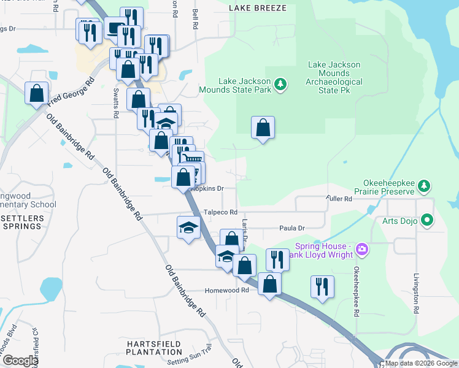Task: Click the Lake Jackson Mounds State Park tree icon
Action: click(x=280, y=83)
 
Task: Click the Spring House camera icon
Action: click(x=361, y=250)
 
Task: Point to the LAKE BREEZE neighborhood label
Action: click(x=257, y=7)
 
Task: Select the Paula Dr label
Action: click(x=292, y=228)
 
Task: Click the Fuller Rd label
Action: click(x=339, y=199)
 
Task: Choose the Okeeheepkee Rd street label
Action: click(x=356, y=291)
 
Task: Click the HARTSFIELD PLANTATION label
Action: click(x=155, y=347)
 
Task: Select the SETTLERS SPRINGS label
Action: click(x=22, y=222)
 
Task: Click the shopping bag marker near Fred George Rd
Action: click(x=37, y=93)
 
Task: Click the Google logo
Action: click(x=20, y=361)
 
